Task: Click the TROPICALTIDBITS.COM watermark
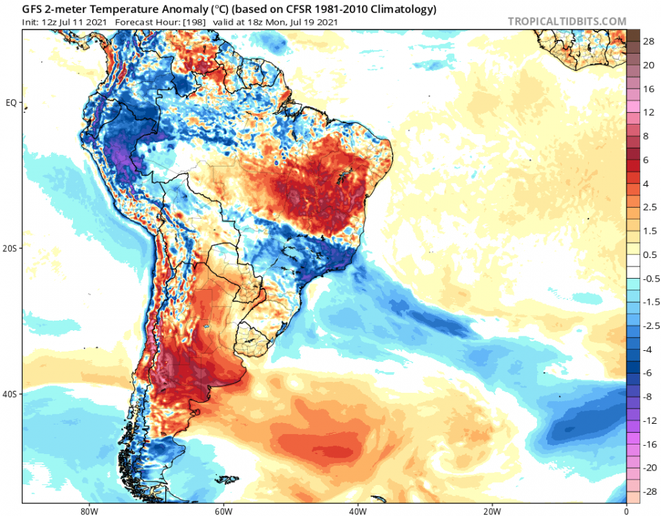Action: pyautogui.click(x=567, y=21)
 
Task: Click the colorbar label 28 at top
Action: pyautogui.click(x=649, y=42)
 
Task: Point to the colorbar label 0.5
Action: pyautogui.click(x=649, y=255)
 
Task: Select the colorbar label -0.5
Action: pyautogui.click(x=649, y=278)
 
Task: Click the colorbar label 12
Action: pyautogui.click(x=649, y=112)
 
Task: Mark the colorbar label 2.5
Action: pyautogui.click(x=649, y=207)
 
